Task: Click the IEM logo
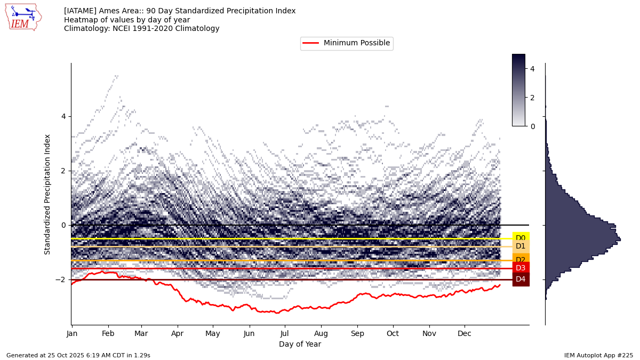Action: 23,17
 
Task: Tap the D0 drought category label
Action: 521,238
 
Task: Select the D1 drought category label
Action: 521,246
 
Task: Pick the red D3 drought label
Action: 521,268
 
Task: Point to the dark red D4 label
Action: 521,279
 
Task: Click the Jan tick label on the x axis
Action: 72,333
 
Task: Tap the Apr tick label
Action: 178,333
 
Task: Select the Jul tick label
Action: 285,333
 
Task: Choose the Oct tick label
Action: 393,333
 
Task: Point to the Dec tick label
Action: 465,333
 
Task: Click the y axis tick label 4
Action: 63,116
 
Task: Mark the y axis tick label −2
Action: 61,279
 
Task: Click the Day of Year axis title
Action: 300,345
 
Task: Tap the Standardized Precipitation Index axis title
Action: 48,194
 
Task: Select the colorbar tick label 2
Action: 532,98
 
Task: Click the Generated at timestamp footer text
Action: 78,355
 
